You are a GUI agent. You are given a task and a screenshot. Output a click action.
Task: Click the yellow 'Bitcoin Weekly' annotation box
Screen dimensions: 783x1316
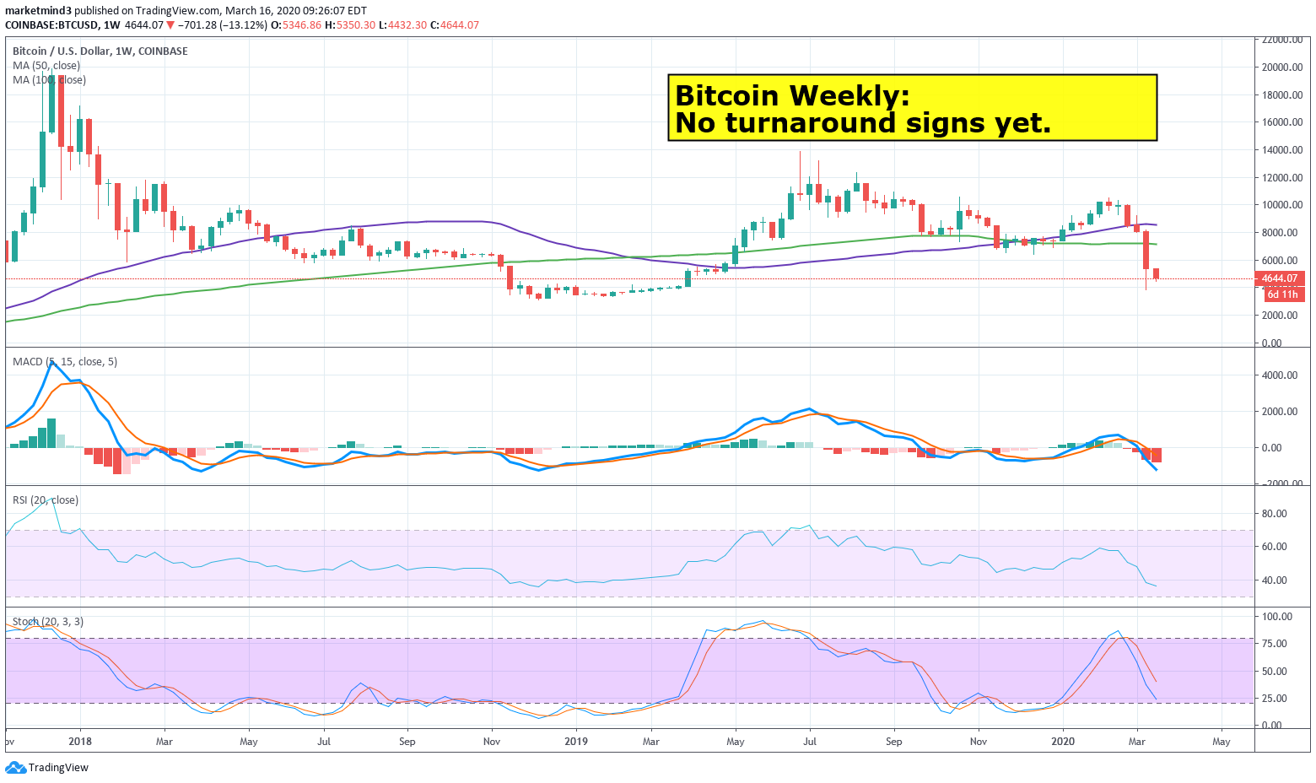pos(911,108)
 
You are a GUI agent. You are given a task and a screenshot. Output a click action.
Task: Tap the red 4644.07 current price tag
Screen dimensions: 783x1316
pos(1280,278)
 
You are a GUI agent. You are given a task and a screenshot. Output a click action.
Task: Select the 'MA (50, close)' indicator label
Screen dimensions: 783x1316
pos(46,66)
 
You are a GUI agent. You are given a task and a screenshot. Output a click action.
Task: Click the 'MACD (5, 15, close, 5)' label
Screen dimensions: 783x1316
pos(65,362)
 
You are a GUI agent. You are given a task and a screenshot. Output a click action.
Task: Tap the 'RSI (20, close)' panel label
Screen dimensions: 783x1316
pos(46,500)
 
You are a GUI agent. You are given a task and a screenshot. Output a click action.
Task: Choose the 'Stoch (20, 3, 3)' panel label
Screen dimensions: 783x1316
pos(48,622)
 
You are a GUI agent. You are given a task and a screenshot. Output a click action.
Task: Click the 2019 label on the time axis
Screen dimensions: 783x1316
pos(576,742)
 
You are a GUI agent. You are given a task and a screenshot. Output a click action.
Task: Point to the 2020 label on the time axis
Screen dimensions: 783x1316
pos(1063,742)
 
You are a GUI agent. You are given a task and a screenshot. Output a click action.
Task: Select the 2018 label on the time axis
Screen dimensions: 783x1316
pos(80,742)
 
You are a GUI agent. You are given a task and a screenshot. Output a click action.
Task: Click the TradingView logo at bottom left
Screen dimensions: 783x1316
pos(47,768)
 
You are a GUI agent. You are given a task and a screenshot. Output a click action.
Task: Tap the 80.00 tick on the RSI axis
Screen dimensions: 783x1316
pos(1274,514)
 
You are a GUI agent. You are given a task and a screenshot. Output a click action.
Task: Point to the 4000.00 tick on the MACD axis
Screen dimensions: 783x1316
pos(1279,375)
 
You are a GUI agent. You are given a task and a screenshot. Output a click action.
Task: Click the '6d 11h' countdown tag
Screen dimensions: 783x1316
pos(1282,294)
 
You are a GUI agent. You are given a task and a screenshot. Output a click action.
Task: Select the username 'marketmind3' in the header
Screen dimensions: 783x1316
pos(38,11)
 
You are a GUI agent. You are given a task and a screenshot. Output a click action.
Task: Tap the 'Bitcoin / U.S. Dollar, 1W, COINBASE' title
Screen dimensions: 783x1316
pos(100,51)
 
